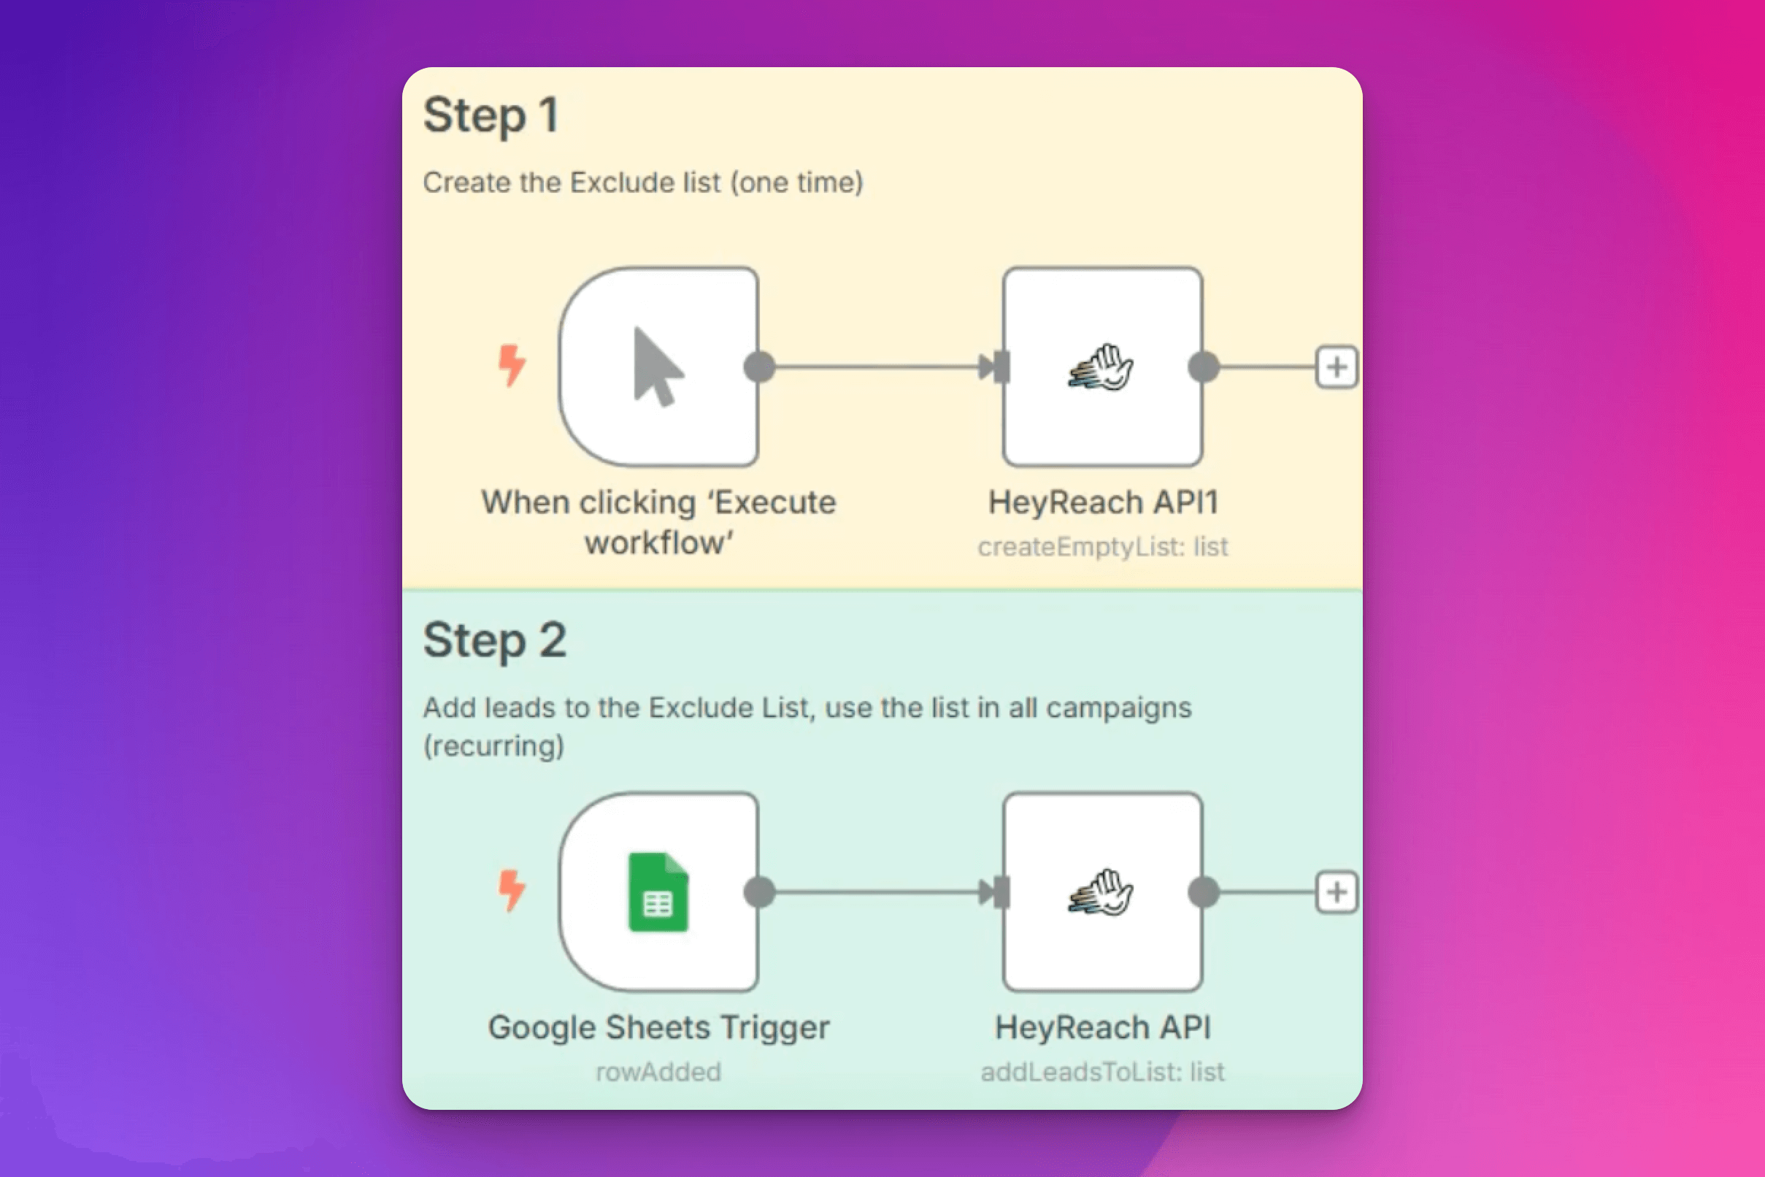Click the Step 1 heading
click(x=491, y=115)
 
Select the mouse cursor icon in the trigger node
click(x=658, y=367)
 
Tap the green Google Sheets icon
click(x=658, y=892)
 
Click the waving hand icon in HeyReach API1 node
click(x=1101, y=367)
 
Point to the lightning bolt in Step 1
click(x=512, y=366)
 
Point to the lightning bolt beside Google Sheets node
click(x=512, y=890)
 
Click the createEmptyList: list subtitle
click(x=1102, y=546)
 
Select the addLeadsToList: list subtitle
click(x=1102, y=1072)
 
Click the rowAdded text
click(x=658, y=1072)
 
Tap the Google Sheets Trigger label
click(x=659, y=1027)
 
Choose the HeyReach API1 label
click(x=1103, y=502)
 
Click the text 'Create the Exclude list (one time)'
click(x=643, y=183)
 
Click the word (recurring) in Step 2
click(x=493, y=746)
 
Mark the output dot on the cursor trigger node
click(x=759, y=367)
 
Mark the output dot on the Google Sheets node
click(x=759, y=892)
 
